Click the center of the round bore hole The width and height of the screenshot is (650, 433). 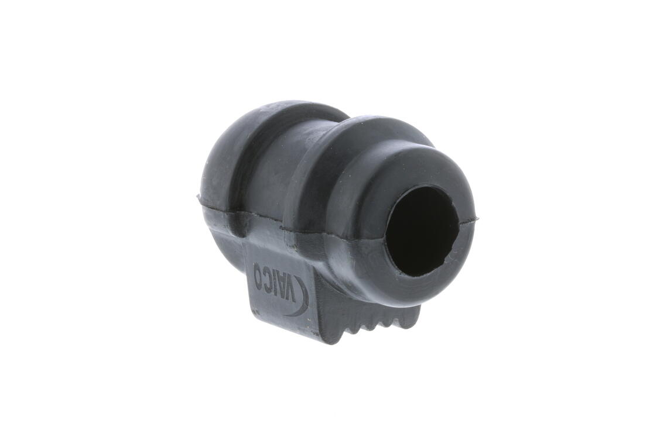[422, 231]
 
